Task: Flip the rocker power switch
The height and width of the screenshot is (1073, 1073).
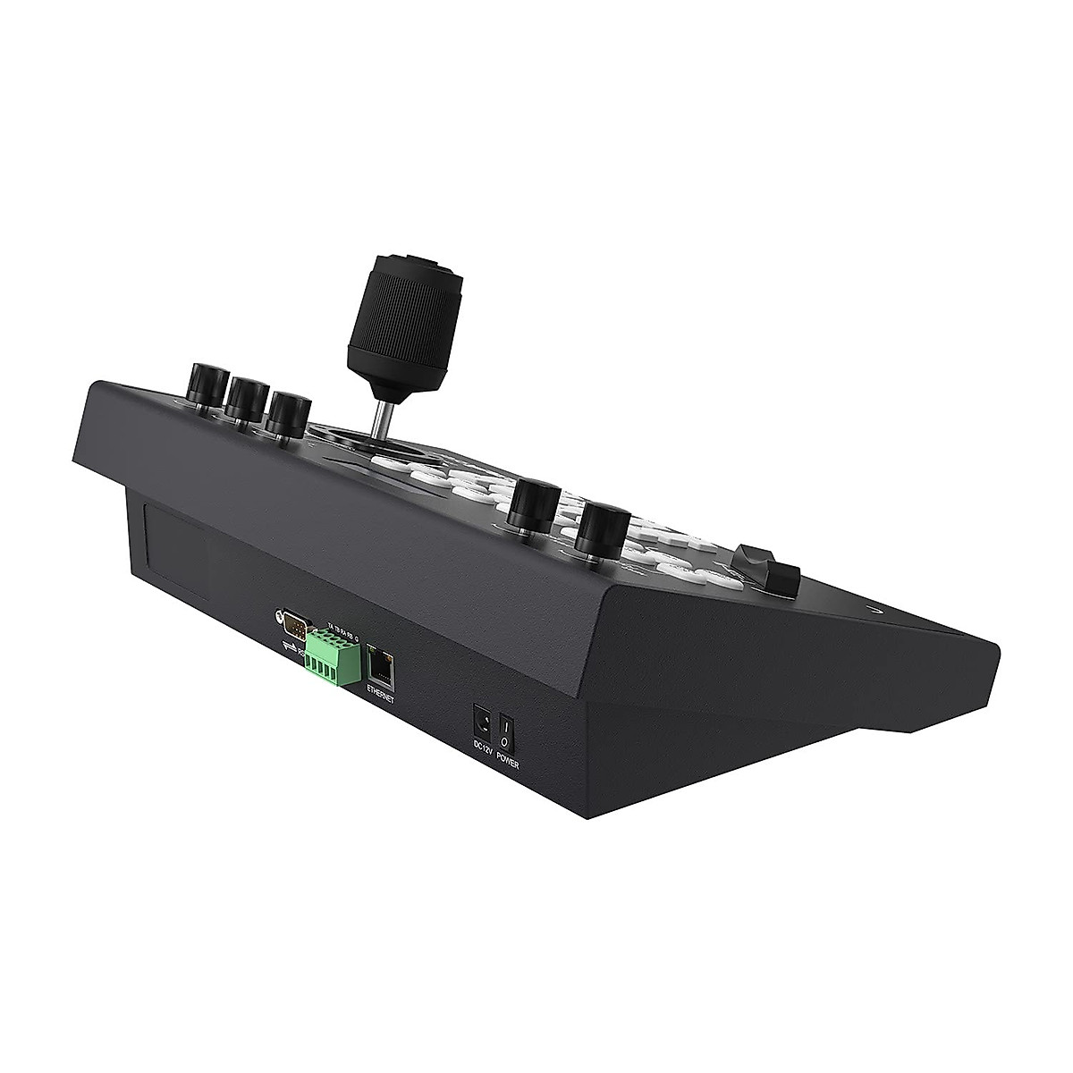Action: (505, 725)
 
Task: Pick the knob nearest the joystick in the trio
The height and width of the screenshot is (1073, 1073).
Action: (289, 411)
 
